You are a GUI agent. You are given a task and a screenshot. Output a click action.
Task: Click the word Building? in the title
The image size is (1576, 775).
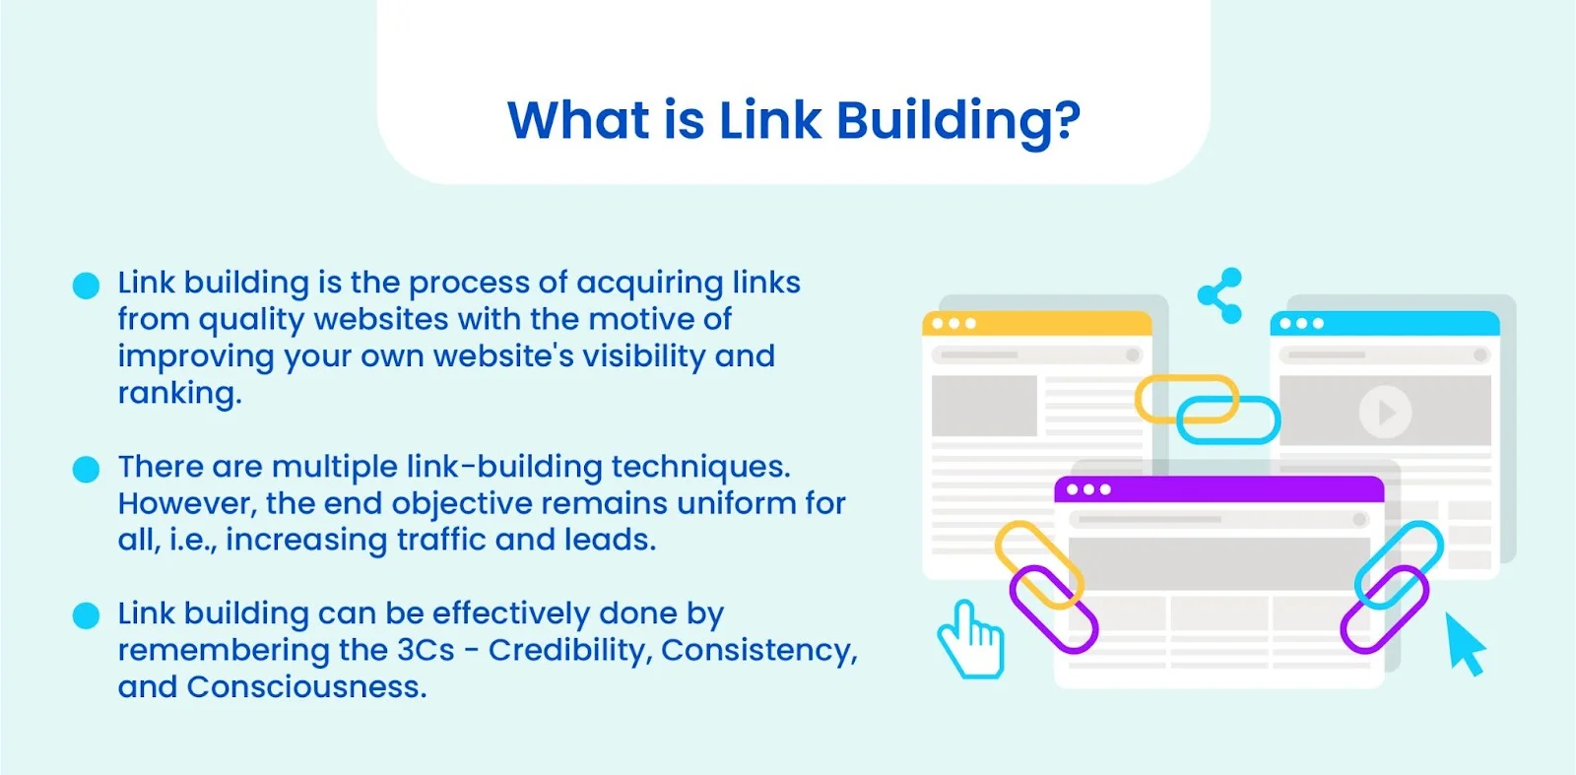coord(958,122)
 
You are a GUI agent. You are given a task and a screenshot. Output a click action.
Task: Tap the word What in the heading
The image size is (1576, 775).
coord(578,120)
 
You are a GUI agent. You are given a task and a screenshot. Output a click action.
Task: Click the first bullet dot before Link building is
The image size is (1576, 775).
coord(86,286)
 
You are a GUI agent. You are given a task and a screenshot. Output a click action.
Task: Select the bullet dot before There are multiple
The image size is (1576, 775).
coord(86,469)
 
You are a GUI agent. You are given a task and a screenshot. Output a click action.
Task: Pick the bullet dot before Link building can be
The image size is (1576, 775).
coord(86,615)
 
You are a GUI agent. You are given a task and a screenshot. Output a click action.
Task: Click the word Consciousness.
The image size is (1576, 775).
coord(306,687)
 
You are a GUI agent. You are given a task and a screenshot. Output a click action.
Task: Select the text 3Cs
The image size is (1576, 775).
coord(426,651)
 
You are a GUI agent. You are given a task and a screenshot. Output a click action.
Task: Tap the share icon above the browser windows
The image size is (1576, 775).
coord(1220,295)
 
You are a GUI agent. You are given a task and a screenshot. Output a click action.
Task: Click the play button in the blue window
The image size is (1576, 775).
coord(1385,412)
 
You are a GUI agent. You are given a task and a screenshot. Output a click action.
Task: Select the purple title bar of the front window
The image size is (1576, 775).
coord(1219,489)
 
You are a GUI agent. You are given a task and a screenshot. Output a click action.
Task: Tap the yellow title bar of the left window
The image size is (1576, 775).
coord(1037,324)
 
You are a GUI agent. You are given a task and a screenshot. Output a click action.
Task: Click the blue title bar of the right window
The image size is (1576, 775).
coord(1385,324)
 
